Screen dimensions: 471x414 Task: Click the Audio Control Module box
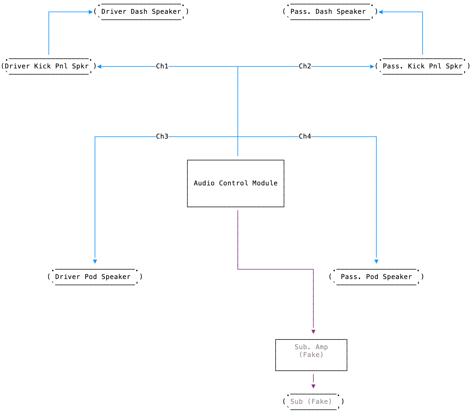[x=235, y=183]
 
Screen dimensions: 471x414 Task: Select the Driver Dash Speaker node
[x=141, y=12]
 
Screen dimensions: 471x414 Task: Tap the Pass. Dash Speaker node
[x=330, y=12]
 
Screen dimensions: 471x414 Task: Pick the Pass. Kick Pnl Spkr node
[x=422, y=66]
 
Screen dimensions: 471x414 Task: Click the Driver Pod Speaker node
[x=95, y=277]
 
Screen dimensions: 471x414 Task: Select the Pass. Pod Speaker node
[x=376, y=277]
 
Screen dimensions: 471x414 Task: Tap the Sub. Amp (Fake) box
[x=311, y=355]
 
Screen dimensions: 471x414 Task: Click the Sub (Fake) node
[x=313, y=402]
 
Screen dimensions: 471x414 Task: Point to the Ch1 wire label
[x=162, y=66]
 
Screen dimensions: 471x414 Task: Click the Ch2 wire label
[x=305, y=66]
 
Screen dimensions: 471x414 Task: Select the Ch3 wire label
[x=162, y=136]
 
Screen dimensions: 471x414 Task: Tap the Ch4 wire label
[x=305, y=136]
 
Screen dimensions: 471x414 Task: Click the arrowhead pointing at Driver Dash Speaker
[x=91, y=12]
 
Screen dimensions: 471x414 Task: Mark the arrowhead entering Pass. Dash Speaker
[x=381, y=12]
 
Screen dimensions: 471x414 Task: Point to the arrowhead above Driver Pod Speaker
[x=95, y=262]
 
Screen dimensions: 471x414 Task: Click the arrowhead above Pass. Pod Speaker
[x=376, y=262]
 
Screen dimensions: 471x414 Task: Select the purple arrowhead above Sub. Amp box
[x=313, y=332]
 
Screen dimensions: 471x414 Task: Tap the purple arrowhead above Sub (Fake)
[x=313, y=386]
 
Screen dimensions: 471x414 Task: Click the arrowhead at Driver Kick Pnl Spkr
[x=99, y=67]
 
